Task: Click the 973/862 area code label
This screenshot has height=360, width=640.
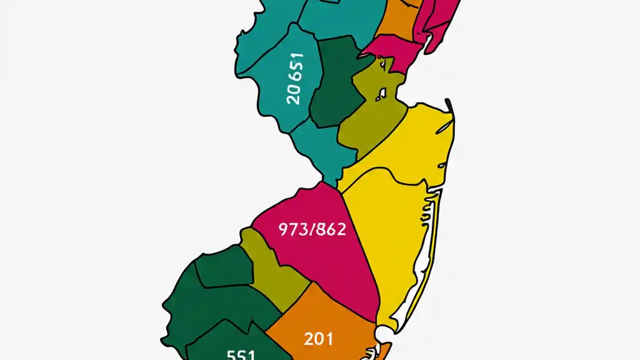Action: pos(312,229)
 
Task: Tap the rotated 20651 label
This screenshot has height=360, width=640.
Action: pos(295,79)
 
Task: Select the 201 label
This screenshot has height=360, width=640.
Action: pos(318,339)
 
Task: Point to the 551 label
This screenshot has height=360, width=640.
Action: pos(241,354)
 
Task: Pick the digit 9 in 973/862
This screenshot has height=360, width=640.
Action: pos(283,229)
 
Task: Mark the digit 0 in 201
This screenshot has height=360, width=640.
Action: pos(319,339)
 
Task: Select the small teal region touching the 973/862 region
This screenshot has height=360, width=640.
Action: pos(320,150)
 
